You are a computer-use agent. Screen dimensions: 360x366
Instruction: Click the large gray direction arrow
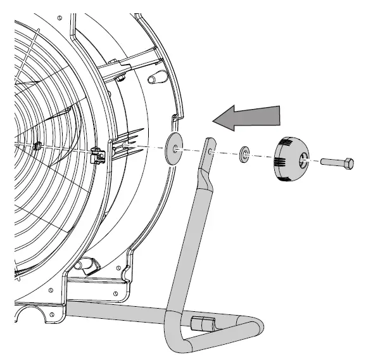pos(247,117)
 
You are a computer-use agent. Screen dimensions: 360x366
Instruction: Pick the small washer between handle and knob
pos(244,154)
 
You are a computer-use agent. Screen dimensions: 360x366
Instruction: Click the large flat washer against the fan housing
pos(173,148)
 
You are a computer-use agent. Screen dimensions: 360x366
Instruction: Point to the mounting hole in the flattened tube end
pos(210,151)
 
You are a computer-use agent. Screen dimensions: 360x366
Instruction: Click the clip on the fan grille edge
pos(97,153)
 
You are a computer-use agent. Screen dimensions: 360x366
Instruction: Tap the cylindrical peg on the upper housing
pos(153,79)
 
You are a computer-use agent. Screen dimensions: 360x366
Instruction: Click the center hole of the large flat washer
pos(174,149)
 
